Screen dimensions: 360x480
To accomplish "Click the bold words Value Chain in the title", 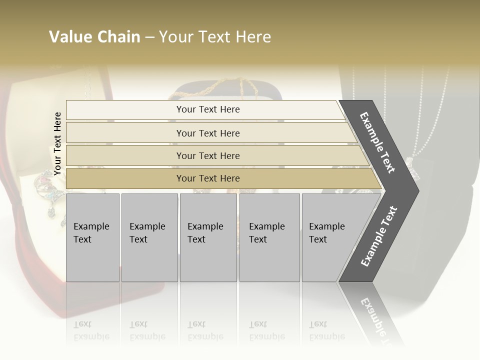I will [94, 37].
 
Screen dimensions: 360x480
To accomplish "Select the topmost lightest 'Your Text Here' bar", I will [207, 109].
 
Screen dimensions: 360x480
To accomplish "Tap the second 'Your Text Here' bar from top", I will [207, 133].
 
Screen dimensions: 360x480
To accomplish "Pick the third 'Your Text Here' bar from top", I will [207, 155].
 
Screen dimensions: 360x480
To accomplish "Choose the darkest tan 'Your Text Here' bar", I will [207, 178].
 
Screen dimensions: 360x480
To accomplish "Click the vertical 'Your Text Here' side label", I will [57, 144].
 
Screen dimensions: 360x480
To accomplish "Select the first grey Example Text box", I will [92, 237].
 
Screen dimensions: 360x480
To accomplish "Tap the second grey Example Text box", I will [149, 237].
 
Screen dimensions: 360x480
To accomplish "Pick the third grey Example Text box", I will [208, 237].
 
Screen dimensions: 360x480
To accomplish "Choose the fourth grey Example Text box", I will [269, 237].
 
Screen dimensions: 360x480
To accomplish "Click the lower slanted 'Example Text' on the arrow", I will [379, 236].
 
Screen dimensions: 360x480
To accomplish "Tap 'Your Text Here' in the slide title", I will [215, 37].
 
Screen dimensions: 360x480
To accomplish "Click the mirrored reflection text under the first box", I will [91, 330].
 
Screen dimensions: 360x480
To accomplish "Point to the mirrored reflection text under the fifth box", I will [327, 330].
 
